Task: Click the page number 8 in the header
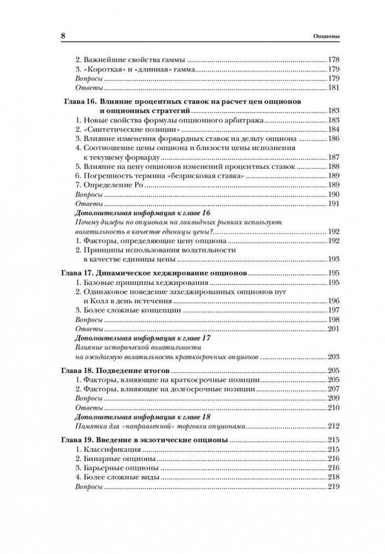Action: point(63,37)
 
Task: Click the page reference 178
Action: point(334,60)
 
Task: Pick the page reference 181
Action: point(334,88)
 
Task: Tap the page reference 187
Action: point(334,157)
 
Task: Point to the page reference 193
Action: point(334,259)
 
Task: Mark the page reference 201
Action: point(334,329)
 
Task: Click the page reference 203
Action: point(334,356)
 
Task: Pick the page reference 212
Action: point(334,427)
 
